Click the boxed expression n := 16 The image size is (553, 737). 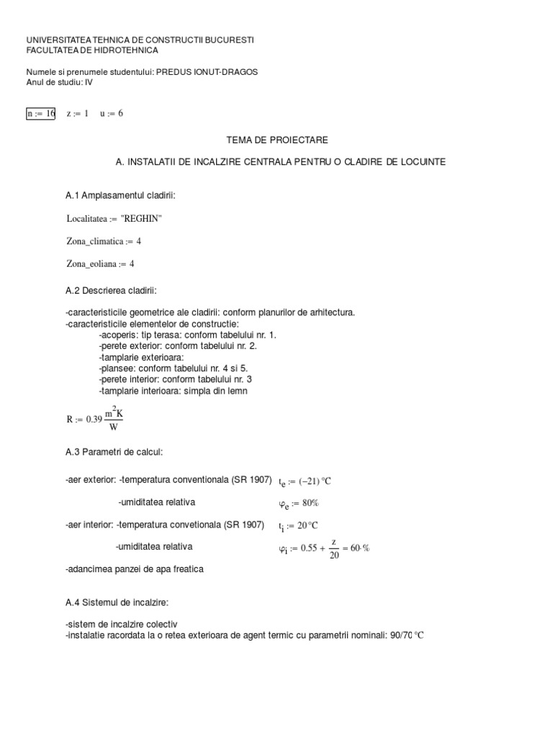(41, 114)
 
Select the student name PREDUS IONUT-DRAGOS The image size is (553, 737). (207, 72)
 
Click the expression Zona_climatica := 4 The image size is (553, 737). (104, 241)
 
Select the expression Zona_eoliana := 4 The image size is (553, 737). (100, 264)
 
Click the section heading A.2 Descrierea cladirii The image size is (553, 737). (110, 290)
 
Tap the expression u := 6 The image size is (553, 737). (112, 114)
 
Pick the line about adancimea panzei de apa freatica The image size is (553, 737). (135, 569)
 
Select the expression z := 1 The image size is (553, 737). (77, 114)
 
